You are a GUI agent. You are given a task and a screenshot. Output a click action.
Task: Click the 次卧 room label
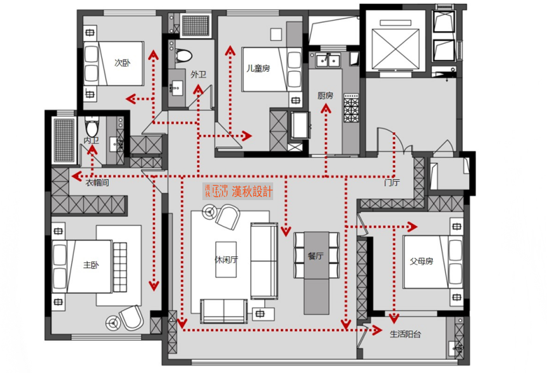click(x=122, y=63)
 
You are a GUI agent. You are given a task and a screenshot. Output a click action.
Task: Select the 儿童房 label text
click(x=258, y=68)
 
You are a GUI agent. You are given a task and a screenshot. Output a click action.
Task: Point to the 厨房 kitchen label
click(x=325, y=96)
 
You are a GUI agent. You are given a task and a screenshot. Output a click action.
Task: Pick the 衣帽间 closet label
click(x=98, y=182)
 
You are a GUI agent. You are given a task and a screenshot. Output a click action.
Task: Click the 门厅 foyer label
click(x=391, y=183)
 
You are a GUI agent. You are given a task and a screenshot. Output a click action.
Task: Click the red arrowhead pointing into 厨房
click(x=326, y=109)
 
